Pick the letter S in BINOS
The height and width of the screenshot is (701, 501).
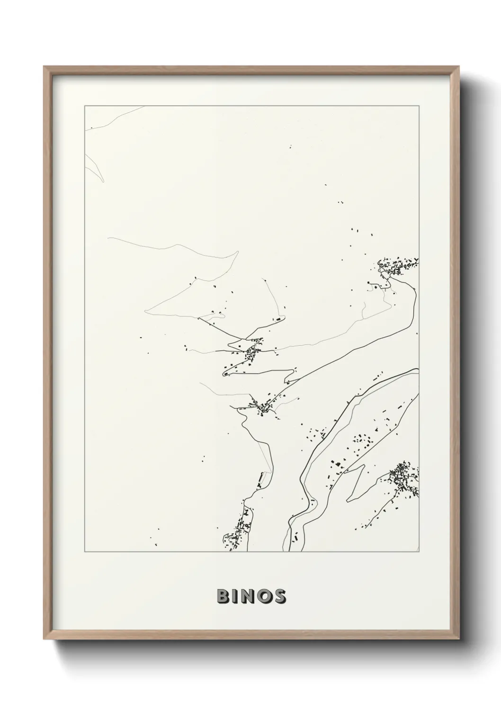280,596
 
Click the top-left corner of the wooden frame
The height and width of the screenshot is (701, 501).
44,66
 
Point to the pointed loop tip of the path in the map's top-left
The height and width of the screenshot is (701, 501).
101,180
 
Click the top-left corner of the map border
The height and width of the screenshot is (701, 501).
85,106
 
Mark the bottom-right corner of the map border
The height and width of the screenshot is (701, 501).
420,552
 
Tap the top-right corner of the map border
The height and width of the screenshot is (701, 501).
420,106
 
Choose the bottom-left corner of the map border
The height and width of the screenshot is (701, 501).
85,552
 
